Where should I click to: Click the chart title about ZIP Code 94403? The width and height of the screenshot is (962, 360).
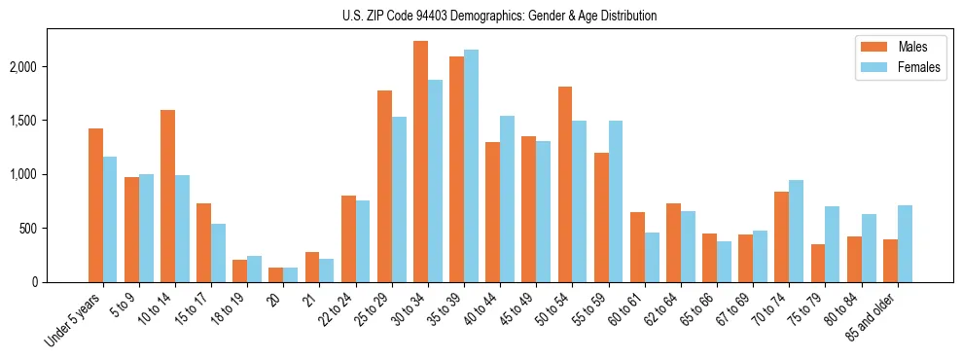(500, 16)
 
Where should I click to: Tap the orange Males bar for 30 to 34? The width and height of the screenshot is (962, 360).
(420, 162)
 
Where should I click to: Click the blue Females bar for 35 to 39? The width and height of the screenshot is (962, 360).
(471, 166)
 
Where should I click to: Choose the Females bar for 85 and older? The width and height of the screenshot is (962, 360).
(905, 244)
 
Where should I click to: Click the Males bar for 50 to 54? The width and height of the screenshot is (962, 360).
(565, 185)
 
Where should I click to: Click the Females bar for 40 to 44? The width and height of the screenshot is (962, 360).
(507, 199)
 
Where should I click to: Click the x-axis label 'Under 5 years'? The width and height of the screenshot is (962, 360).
(74, 320)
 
